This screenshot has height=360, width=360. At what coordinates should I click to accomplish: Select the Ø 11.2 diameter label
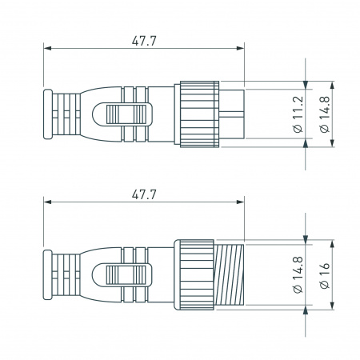click(x=298, y=114)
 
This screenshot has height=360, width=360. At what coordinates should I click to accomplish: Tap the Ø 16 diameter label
click(x=322, y=276)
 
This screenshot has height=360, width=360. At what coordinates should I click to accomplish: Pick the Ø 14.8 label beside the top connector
click(x=322, y=114)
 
